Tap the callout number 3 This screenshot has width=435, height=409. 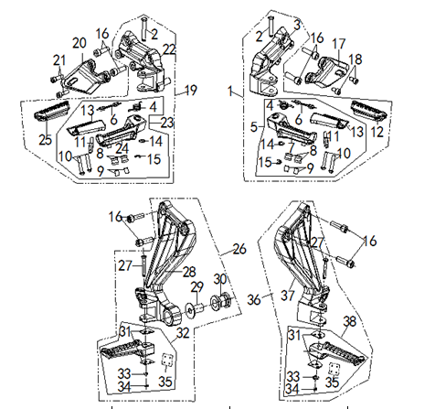click(x=296, y=22)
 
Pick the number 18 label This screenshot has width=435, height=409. click(x=356, y=59)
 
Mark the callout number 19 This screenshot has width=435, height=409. click(x=192, y=89)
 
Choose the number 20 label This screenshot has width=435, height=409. click(x=80, y=43)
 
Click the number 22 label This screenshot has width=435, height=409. click(x=170, y=48)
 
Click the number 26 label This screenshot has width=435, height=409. click(x=239, y=248)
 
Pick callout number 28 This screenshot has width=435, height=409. click(x=188, y=273)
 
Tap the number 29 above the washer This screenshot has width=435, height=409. click(x=196, y=287)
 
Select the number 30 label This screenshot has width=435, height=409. click(x=218, y=279)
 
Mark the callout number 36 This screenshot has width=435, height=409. click(x=255, y=298)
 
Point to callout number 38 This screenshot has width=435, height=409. click(x=348, y=321)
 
